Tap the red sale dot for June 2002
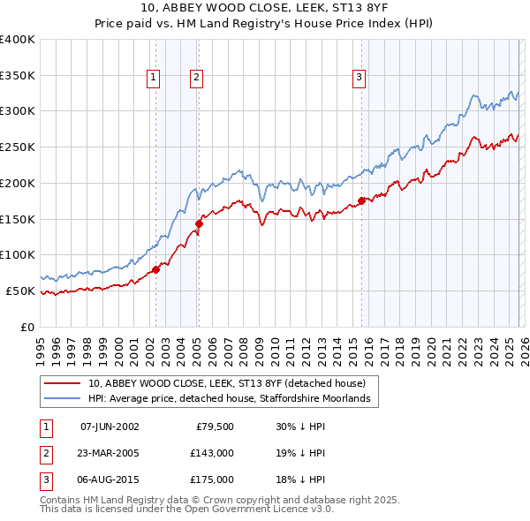coord(155,269)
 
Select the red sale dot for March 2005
coord(199,223)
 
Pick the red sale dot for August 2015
coord(361,200)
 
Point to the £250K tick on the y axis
coord(17,147)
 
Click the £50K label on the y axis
coord(20,291)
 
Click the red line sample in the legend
coord(62,383)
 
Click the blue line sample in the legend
coord(62,399)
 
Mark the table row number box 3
coord(43,479)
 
